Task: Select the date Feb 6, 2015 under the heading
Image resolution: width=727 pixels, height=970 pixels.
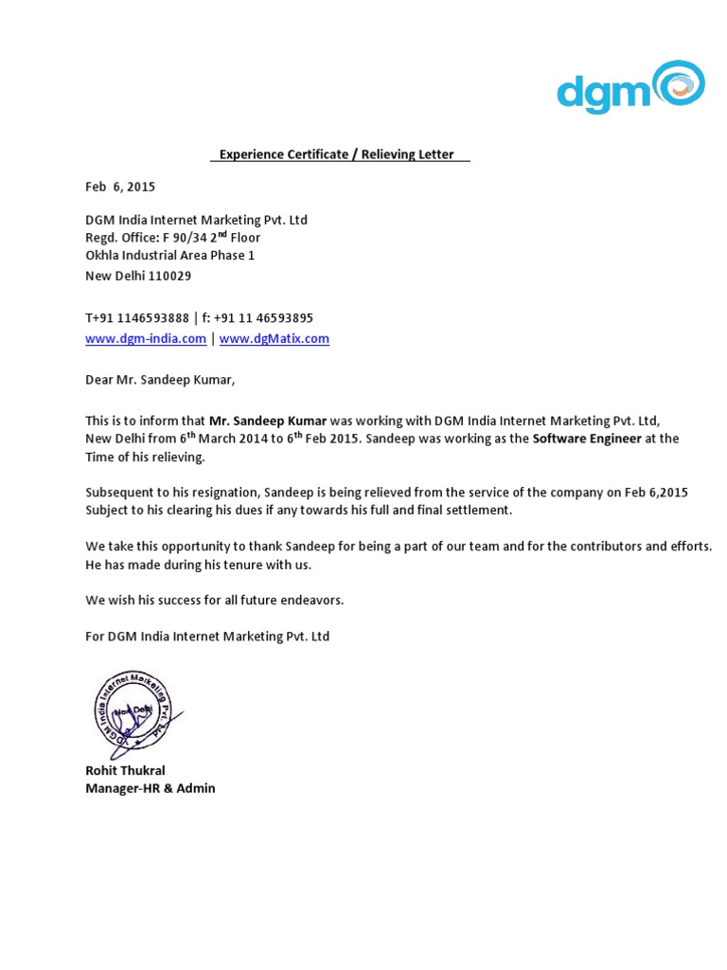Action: [120, 187]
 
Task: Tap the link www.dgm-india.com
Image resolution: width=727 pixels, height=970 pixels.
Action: [146, 339]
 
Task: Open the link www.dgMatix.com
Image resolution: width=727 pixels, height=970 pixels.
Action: [275, 339]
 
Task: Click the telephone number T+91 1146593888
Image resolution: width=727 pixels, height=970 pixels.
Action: [137, 318]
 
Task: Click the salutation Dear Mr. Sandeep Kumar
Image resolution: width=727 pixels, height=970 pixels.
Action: [159, 381]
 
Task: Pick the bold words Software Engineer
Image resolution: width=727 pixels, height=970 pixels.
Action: [587, 440]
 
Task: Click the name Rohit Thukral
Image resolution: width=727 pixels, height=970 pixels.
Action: [125, 771]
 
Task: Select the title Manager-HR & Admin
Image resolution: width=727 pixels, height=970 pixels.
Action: [150, 788]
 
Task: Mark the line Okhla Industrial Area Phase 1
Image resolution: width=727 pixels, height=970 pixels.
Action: [169, 256]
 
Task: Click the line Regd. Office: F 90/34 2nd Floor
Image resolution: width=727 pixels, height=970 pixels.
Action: [172, 238]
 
